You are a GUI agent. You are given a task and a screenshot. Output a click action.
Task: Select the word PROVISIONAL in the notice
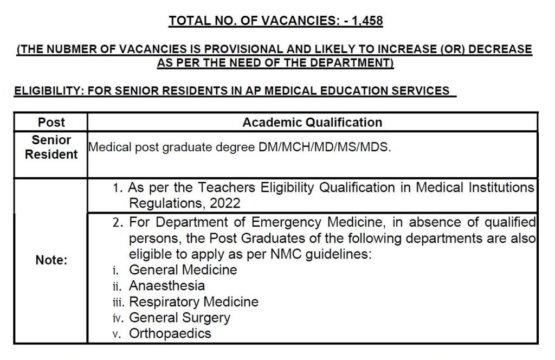tap(253, 49)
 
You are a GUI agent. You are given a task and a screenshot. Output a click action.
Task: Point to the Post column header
tap(51, 122)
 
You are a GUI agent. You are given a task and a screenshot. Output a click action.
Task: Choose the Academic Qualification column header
tap(312, 122)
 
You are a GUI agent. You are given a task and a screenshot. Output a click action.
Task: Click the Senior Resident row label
tap(51, 147)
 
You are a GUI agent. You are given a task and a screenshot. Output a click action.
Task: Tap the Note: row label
tap(51, 260)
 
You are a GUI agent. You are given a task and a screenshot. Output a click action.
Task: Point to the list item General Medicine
tap(183, 269)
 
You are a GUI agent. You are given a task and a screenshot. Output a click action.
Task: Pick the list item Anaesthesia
tap(167, 285)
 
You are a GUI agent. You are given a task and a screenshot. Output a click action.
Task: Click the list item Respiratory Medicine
tap(193, 301)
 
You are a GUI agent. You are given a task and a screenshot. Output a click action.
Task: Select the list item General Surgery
tap(179, 317)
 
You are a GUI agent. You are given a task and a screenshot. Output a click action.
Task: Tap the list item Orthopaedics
tap(170, 333)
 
